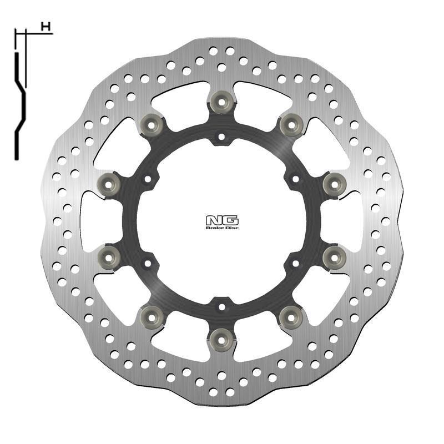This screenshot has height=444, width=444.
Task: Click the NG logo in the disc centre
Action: (221, 220)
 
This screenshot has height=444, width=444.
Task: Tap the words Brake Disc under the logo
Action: (221, 228)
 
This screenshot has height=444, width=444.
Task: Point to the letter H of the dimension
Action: (46, 26)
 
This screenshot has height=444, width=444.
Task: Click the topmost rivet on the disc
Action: (221, 100)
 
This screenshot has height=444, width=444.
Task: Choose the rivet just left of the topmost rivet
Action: (152, 123)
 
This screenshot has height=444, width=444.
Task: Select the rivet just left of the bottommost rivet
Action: (152, 316)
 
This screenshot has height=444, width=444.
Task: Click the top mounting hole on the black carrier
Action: (221, 135)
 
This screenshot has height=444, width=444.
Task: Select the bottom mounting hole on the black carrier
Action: (221, 305)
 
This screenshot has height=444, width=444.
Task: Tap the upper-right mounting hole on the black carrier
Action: (295, 179)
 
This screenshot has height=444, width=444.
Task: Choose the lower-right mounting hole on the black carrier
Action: (295, 263)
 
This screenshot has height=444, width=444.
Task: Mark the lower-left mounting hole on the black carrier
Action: (148, 263)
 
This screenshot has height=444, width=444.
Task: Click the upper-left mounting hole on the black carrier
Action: (148, 179)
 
